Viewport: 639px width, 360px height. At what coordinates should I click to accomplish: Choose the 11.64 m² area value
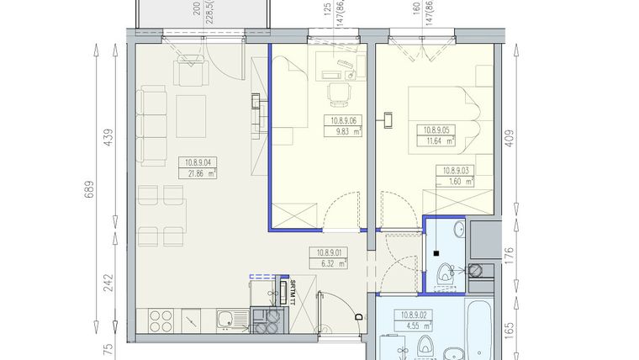pyautogui.click(x=436, y=141)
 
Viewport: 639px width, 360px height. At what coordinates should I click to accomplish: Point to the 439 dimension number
pyautogui.click(x=107, y=136)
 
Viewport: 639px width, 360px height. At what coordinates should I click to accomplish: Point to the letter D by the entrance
pyautogui.click(x=358, y=316)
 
